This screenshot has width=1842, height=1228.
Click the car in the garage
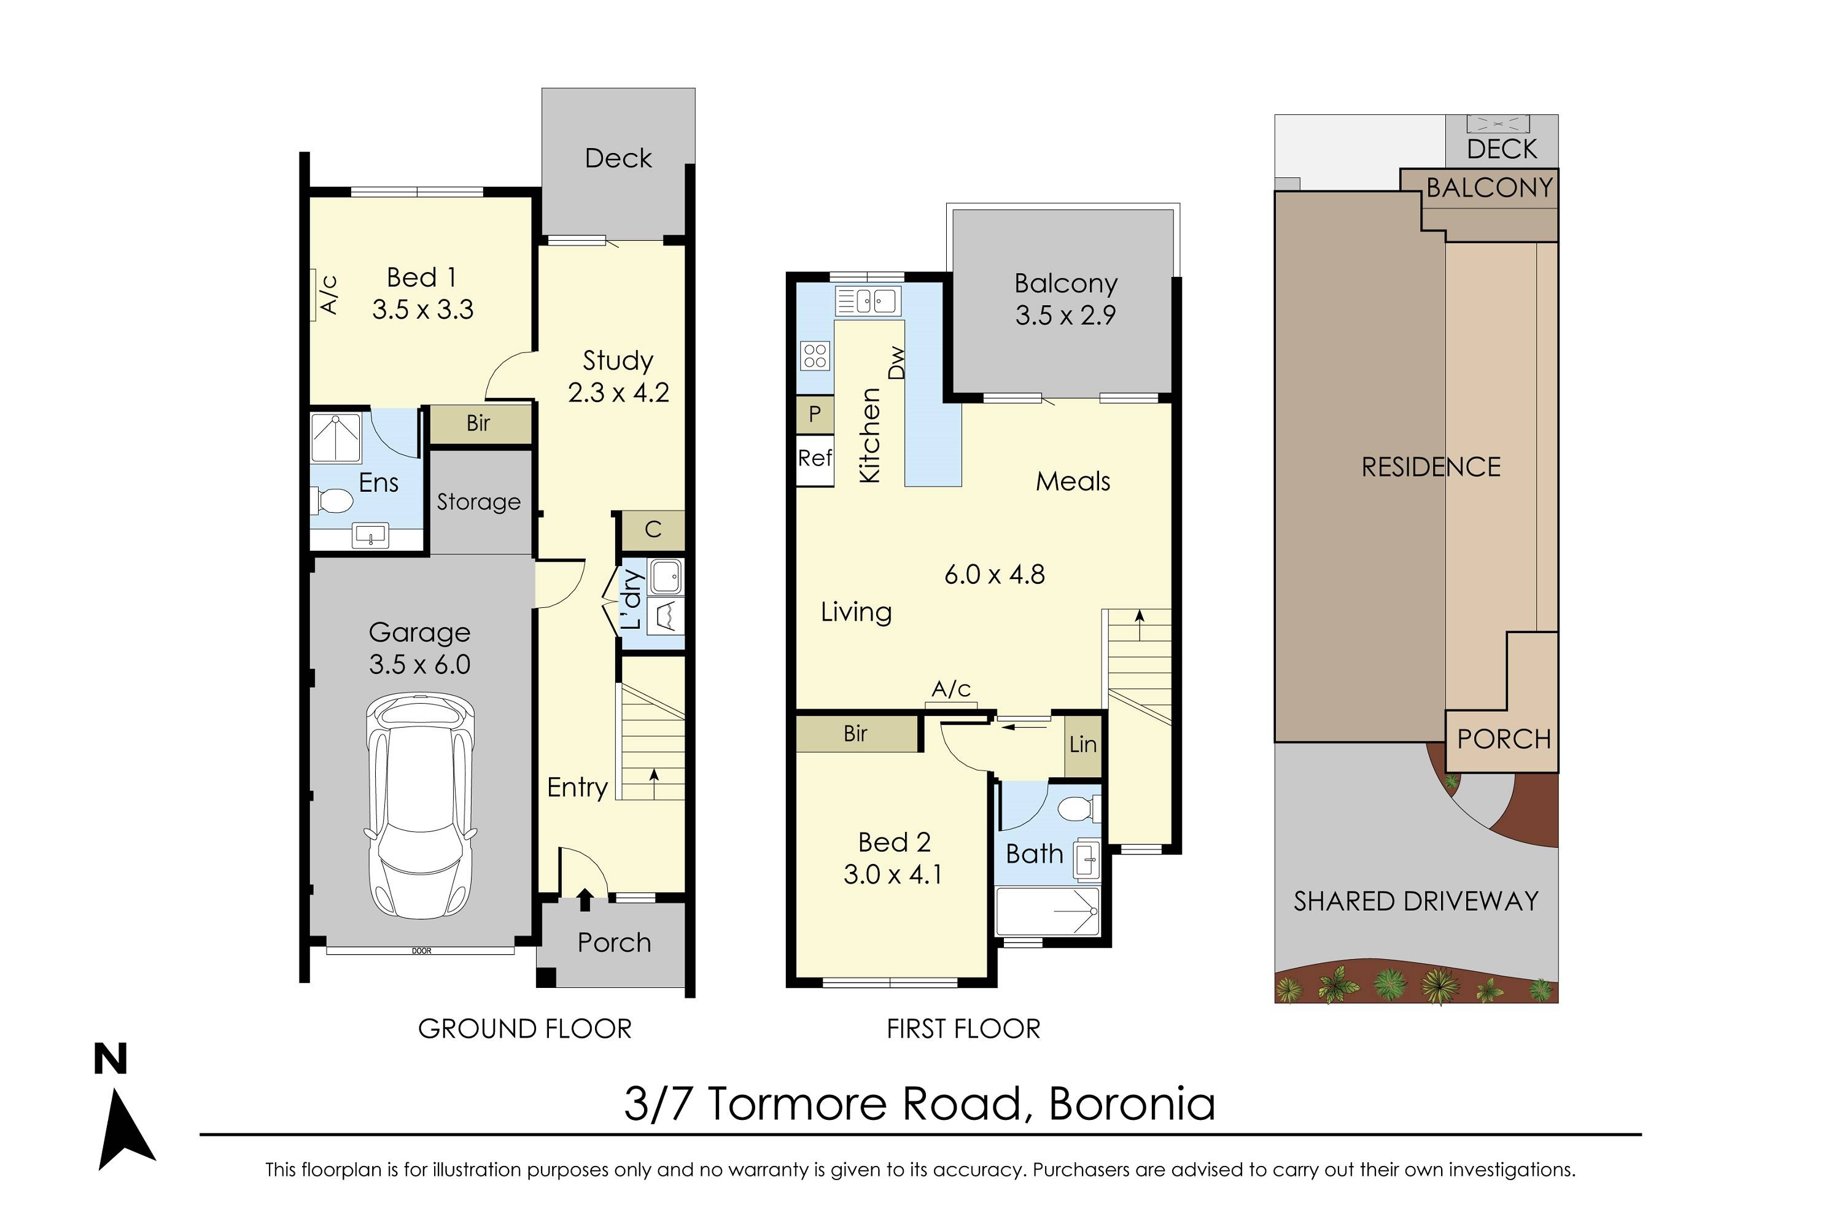421,807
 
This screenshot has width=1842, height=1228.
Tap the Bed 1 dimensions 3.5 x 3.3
423,310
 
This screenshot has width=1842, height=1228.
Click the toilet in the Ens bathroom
333,500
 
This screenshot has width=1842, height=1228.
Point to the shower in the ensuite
336,437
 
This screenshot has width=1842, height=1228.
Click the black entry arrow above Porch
585,900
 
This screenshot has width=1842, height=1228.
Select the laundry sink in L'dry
666,578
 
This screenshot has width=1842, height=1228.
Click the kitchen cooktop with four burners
815,356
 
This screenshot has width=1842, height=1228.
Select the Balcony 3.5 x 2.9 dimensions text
1065,316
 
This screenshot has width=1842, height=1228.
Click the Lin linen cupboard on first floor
1083,745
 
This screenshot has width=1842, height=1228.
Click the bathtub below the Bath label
1047,911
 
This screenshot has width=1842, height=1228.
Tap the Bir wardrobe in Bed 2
855,734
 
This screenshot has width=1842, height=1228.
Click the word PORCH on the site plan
1504,739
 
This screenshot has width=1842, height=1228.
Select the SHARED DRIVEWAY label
1416,901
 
